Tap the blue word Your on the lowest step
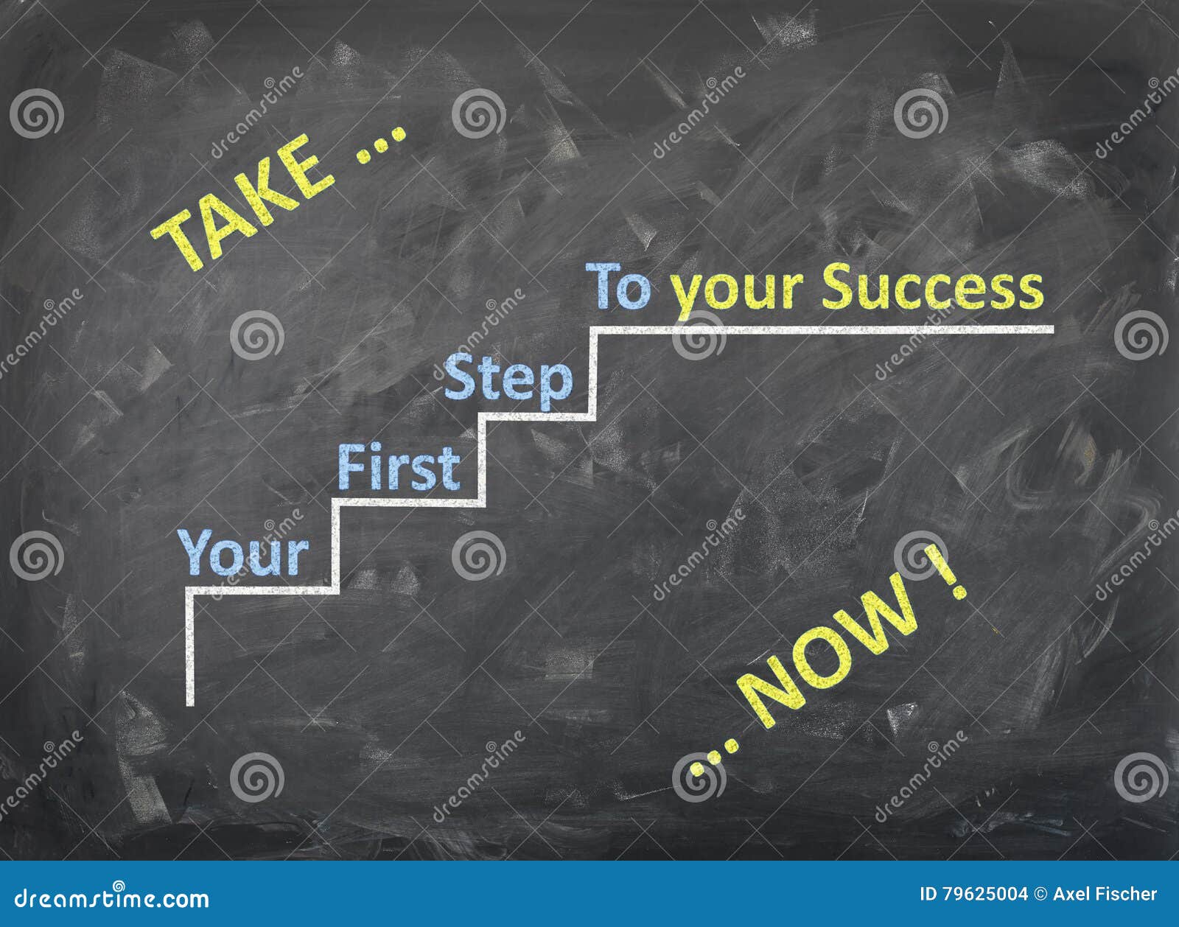coord(243,553)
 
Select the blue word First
coord(399,467)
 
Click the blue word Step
coord(508,379)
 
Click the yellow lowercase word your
coord(737,291)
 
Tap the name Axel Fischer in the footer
coord(1105,895)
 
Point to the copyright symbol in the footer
coord(1040,895)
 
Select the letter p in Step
coord(557,383)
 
